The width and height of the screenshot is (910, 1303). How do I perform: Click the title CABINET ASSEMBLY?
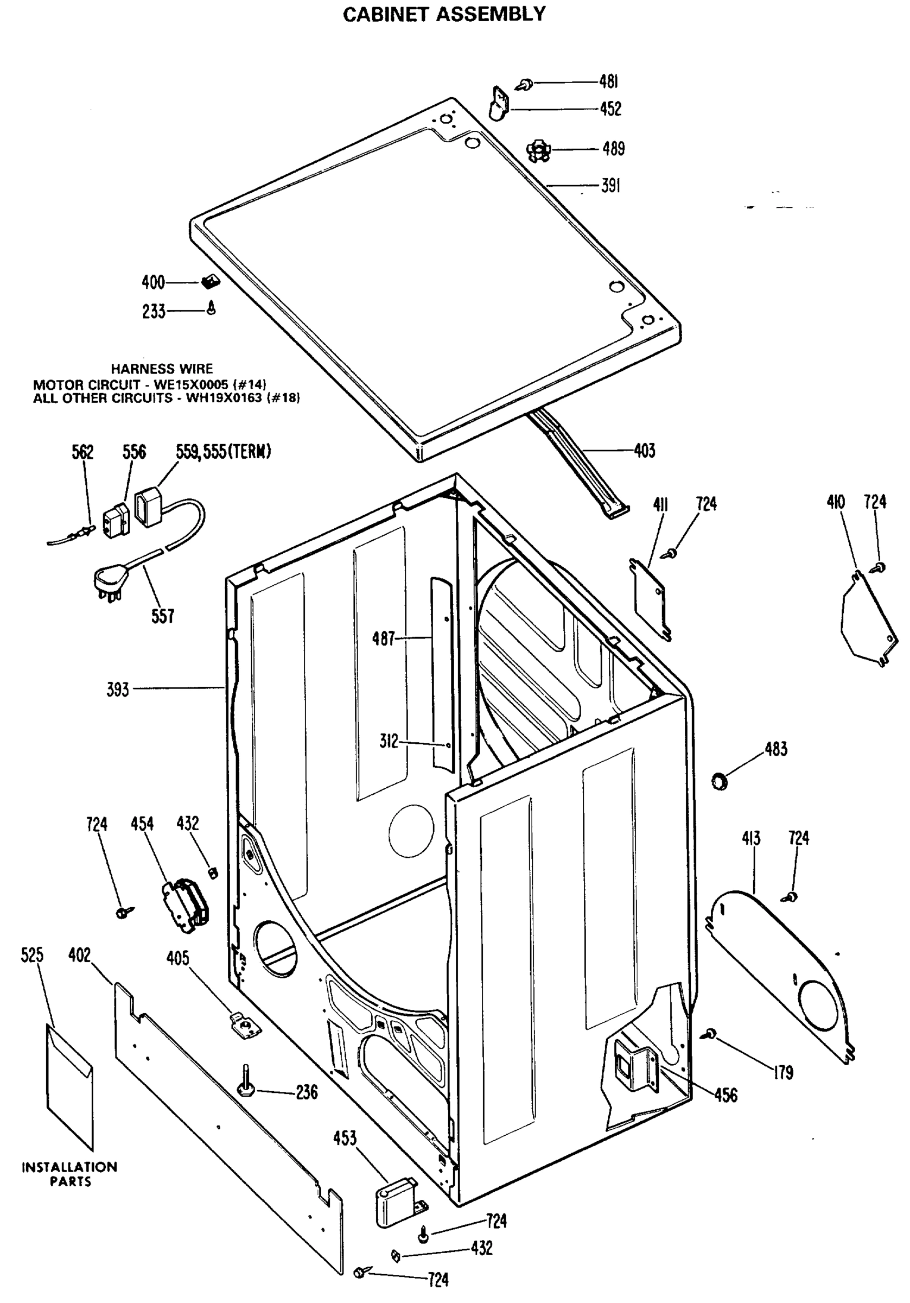click(x=444, y=14)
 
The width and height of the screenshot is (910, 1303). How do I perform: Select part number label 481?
click(x=608, y=83)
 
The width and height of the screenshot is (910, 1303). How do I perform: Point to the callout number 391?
click(x=610, y=186)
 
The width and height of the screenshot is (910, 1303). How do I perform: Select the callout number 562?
click(x=82, y=452)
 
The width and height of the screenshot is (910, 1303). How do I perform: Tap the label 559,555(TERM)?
click(x=223, y=452)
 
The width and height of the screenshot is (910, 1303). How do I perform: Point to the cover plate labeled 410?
click(x=868, y=619)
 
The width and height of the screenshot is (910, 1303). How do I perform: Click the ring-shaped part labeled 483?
click(x=720, y=781)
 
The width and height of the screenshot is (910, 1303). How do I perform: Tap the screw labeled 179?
click(x=710, y=1034)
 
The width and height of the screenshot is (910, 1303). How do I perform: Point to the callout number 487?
click(x=383, y=639)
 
